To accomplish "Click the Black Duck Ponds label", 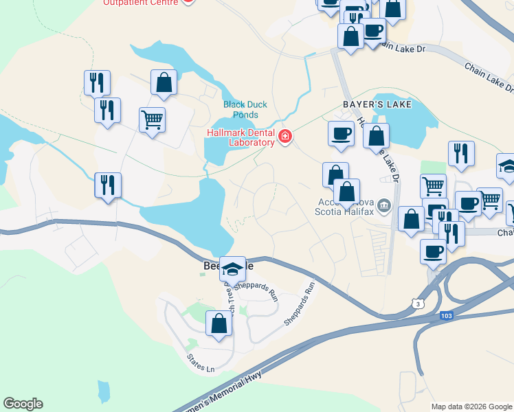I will [245, 110].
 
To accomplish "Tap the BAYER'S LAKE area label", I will [377, 104].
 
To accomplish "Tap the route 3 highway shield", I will [418, 304].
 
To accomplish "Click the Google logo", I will [23, 404].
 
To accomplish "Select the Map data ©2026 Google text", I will [471, 407].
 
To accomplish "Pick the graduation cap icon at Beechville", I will [233, 268].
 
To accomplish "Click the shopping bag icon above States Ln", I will [219, 323].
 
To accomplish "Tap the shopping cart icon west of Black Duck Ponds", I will [152, 119].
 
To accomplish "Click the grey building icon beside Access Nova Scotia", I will [385, 204].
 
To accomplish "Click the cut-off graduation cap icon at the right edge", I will [507, 167].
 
